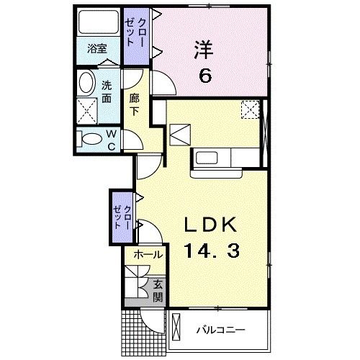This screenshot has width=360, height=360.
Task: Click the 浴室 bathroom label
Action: [x=97, y=50]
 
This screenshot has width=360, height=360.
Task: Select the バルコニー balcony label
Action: [x=221, y=330]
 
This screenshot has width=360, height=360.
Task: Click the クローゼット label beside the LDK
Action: [x=121, y=216]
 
